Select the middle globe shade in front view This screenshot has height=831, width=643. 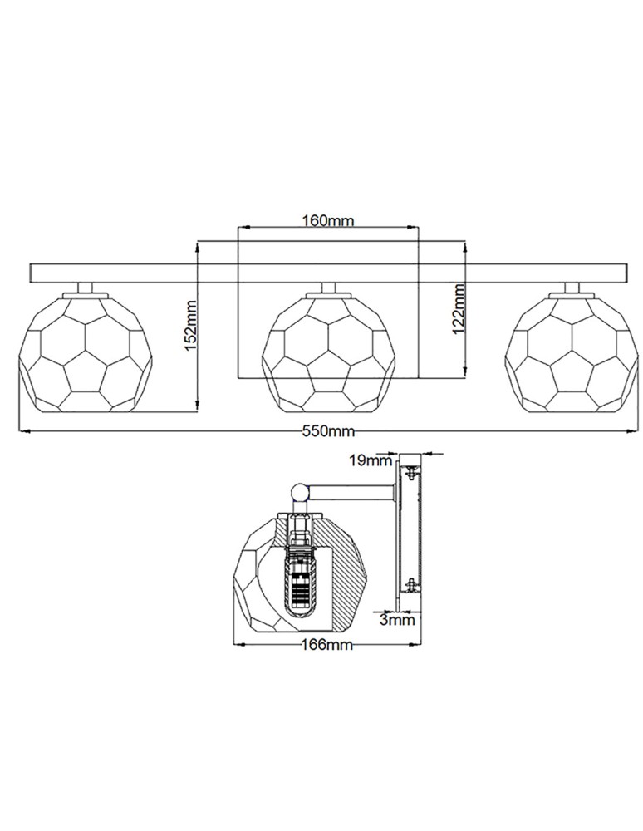pyautogui.click(x=331, y=352)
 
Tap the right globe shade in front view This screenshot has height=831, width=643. pyautogui.click(x=571, y=352)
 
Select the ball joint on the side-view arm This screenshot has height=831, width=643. pyautogui.click(x=300, y=493)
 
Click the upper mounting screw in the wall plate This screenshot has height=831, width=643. pyautogui.click(x=410, y=473)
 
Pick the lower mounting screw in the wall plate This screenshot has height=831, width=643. pyautogui.click(x=410, y=585)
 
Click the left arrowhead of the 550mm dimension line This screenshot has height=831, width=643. pyautogui.click(x=22, y=431)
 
